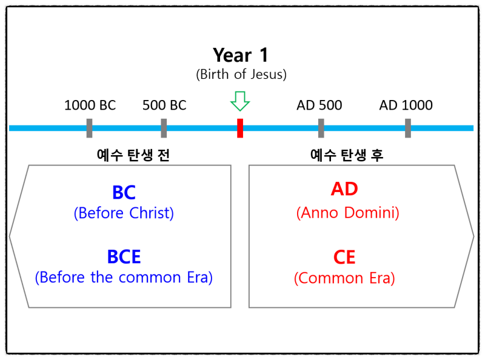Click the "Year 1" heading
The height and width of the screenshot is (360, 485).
pos(241,55)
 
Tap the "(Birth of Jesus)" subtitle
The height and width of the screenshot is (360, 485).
pos(241,75)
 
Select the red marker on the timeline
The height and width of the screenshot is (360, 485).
pos(240,128)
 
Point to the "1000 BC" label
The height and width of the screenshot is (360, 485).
pos(90,105)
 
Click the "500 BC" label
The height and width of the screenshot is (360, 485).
pos(164,105)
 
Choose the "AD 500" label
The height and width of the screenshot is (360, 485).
pos(319,105)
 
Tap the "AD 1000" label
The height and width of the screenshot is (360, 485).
pos(406,105)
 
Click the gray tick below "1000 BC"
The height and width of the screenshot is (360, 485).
pos(89,128)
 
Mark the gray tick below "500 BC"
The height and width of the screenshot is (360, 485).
pos(164,128)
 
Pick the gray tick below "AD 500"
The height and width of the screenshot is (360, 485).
pos(321,128)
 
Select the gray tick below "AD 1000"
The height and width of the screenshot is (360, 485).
pos(408,128)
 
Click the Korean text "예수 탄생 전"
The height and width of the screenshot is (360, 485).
pos(133,155)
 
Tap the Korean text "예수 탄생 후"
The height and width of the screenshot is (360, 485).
pos(347,155)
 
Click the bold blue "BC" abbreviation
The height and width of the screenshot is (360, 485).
pos(124,193)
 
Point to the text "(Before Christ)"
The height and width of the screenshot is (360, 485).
pos(124,213)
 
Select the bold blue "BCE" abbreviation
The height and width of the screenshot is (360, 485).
pos(124,257)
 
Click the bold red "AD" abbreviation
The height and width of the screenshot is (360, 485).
pos(344,189)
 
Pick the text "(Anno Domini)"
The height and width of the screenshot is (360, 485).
pos(347,213)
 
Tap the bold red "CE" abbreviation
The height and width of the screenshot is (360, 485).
pos(344,257)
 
